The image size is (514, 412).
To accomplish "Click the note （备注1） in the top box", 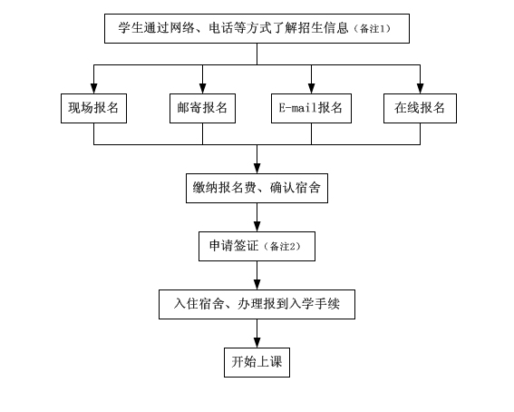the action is [x=373, y=29].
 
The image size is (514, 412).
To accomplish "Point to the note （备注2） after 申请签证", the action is [x=282, y=246].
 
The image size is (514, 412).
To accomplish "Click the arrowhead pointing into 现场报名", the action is [x=93, y=89].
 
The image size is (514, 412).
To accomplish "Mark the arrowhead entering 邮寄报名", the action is [x=202, y=89].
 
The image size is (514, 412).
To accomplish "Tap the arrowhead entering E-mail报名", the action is [x=312, y=89].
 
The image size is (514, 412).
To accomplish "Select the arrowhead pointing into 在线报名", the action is [x=421, y=89].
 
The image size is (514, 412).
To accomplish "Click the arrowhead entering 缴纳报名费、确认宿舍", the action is [x=257, y=169].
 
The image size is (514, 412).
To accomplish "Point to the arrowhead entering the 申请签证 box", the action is [x=257, y=227].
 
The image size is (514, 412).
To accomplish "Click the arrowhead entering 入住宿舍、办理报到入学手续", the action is [x=257, y=285].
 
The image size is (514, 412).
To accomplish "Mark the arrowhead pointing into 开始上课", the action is [x=257, y=343].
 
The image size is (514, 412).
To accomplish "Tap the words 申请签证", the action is [x=234, y=246].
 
